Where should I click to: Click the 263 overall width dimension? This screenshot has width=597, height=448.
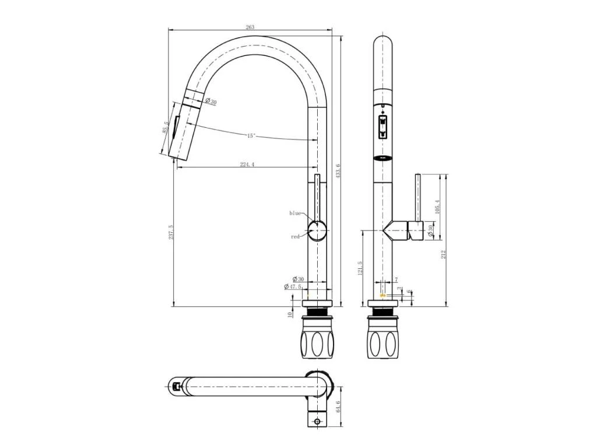[x=250, y=27]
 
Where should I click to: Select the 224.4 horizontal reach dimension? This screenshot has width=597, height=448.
[x=247, y=164]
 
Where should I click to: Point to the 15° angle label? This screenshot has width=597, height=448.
[x=251, y=135]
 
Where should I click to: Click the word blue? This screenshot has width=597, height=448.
[x=296, y=213]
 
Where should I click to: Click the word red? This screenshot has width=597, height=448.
[x=295, y=237]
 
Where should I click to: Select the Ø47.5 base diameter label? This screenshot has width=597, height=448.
[x=293, y=286]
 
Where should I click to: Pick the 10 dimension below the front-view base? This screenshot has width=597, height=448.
[x=290, y=314]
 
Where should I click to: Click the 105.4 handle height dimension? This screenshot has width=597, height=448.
[x=437, y=206]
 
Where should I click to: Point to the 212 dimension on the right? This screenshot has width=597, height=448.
[x=444, y=254]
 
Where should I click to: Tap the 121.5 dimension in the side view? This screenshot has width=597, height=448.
[x=361, y=269]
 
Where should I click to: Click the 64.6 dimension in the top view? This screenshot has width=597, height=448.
[x=339, y=406]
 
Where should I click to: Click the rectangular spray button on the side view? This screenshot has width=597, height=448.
[x=382, y=127]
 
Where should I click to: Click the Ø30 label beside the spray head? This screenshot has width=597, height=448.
[x=210, y=102]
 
